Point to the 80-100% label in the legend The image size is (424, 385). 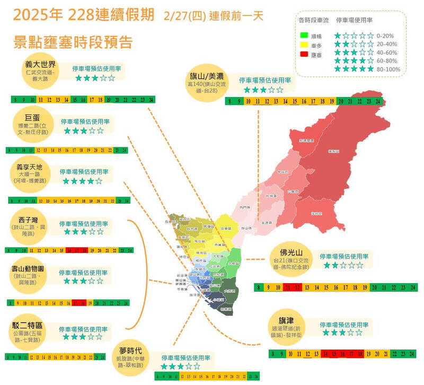tap(390, 69)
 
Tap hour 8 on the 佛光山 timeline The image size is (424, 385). tap(258, 287)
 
